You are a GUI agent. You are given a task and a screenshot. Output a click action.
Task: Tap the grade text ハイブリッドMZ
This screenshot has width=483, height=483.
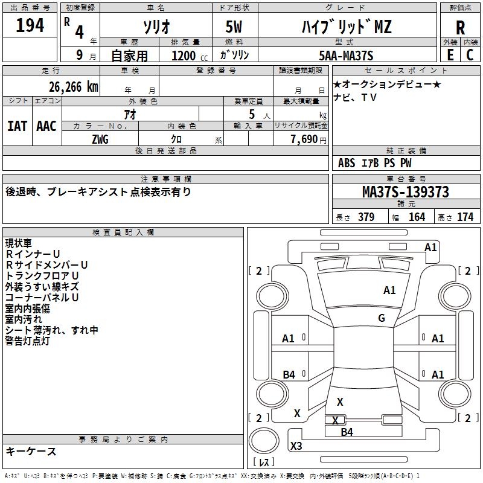(x=347, y=27)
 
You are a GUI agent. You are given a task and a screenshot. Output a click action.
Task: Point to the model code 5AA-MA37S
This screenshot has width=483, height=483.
(x=346, y=56)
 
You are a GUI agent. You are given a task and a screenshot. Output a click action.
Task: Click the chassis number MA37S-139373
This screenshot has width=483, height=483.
(x=405, y=192)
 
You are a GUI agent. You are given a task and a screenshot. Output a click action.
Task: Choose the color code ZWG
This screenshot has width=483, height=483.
(x=100, y=139)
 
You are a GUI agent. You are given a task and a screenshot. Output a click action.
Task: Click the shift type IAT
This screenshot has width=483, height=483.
(x=17, y=126)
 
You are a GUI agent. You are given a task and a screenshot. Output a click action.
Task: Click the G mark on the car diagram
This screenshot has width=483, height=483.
(x=382, y=318)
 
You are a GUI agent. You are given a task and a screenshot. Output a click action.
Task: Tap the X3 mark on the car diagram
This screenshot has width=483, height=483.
(x=296, y=446)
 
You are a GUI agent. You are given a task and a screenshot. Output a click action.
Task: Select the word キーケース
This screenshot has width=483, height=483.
(x=31, y=451)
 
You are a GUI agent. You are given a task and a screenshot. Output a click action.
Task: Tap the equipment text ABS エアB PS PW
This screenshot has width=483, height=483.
(x=375, y=163)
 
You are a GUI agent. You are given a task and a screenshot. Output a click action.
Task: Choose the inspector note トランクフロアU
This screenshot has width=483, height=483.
(x=42, y=276)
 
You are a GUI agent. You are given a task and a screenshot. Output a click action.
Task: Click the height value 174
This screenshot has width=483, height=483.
(x=465, y=217)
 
